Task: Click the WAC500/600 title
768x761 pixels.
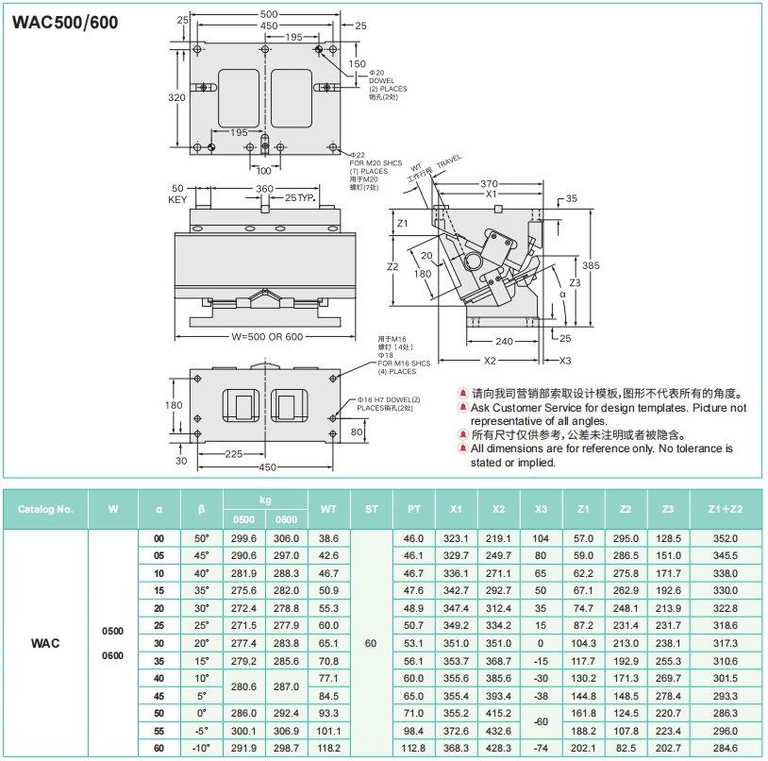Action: point(65,22)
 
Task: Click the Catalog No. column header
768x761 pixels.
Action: point(45,509)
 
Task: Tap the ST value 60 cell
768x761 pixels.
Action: point(371,642)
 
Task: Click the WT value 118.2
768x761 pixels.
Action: point(328,748)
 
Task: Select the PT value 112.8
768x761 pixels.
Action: point(413,748)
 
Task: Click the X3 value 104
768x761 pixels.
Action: point(541,537)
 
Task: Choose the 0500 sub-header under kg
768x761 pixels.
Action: point(243,519)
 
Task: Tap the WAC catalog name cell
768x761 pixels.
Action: point(45,642)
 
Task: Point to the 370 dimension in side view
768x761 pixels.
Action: point(489,183)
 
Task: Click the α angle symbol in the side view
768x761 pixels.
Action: point(562,295)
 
